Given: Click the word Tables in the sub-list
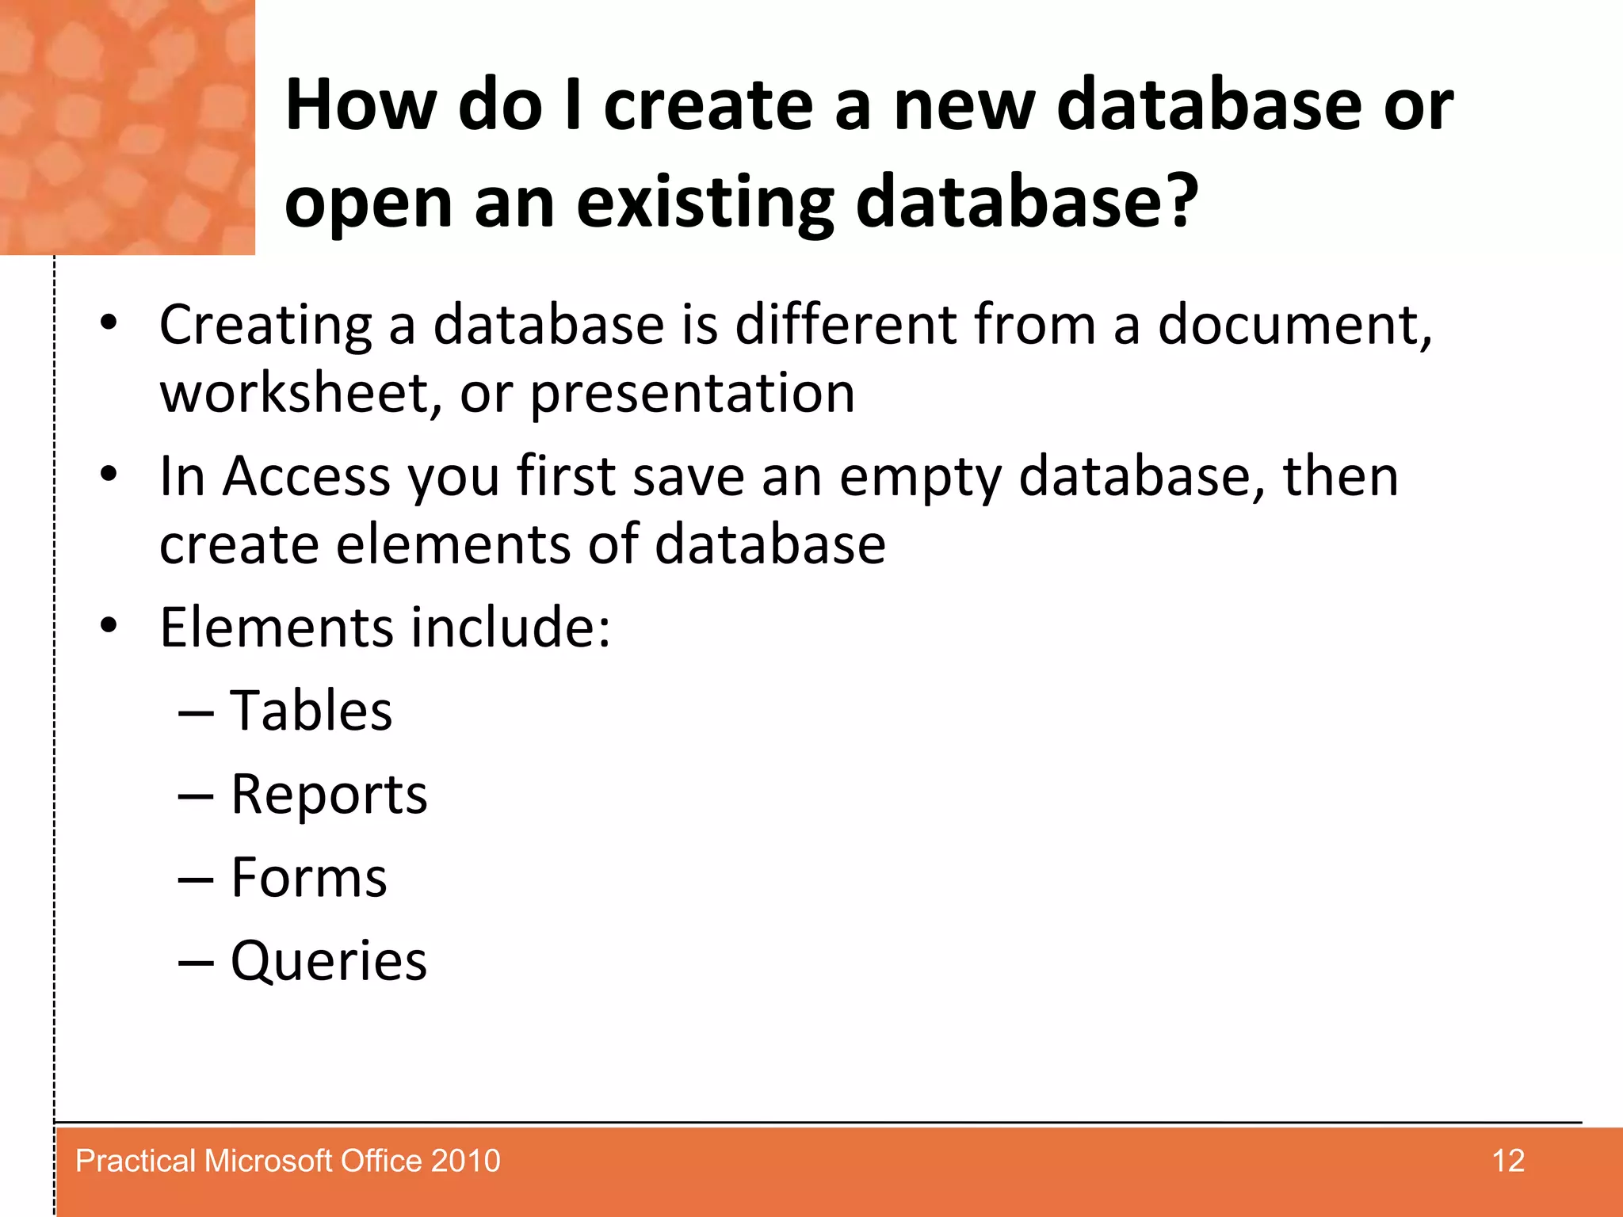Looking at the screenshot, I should [311, 711].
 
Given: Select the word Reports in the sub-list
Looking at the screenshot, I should [329, 795].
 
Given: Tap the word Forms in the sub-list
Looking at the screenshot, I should [308, 878].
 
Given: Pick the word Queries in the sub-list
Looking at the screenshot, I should [329, 961].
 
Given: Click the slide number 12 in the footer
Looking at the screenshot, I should [1507, 1161].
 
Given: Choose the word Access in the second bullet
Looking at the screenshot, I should [307, 476].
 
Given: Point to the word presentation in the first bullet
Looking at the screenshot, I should [692, 395].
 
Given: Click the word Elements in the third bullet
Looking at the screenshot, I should [276, 628].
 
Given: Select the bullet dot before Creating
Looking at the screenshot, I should [109, 322].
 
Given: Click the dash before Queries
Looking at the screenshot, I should [196, 963].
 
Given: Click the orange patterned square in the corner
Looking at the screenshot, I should [127, 127].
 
